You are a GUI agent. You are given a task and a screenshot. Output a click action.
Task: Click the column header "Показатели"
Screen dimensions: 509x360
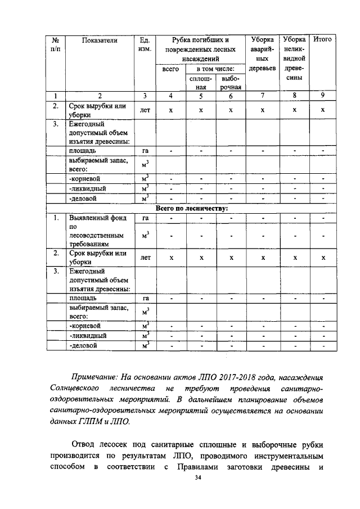pos(99,40)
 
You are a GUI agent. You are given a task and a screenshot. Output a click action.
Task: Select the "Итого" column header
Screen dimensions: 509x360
pos(322,40)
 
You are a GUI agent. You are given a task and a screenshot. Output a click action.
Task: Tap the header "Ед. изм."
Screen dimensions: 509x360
pos(145,44)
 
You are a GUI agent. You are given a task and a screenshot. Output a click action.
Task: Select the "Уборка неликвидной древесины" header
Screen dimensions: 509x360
pos(294,58)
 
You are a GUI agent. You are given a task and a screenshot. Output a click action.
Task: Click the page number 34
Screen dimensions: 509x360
pos(197,478)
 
